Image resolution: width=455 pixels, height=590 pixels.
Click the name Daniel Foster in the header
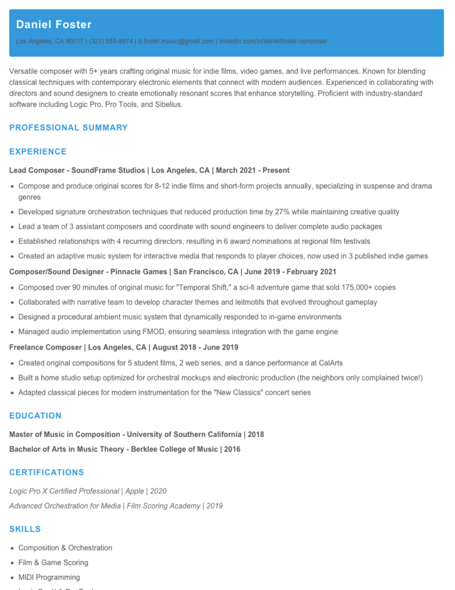pyautogui.click(x=54, y=25)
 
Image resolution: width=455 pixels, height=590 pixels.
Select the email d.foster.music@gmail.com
pyautogui.click(x=176, y=42)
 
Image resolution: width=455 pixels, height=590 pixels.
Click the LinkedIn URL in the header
pyautogui.click(x=273, y=42)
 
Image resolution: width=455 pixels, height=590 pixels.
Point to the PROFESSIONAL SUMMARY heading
pyautogui.click(x=69, y=128)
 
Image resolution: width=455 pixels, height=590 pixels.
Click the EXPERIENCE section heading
pyautogui.click(x=38, y=152)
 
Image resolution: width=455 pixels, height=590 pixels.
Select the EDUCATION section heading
pyautogui.click(x=36, y=416)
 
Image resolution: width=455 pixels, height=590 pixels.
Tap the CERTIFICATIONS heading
pyautogui.click(x=47, y=472)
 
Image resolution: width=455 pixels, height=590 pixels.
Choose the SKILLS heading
pyautogui.click(x=25, y=529)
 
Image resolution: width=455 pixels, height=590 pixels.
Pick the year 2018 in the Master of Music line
pyautogui.click(x=256, y=434)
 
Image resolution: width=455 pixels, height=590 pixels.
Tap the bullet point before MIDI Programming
pyautogui.click(x=12, y=578)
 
